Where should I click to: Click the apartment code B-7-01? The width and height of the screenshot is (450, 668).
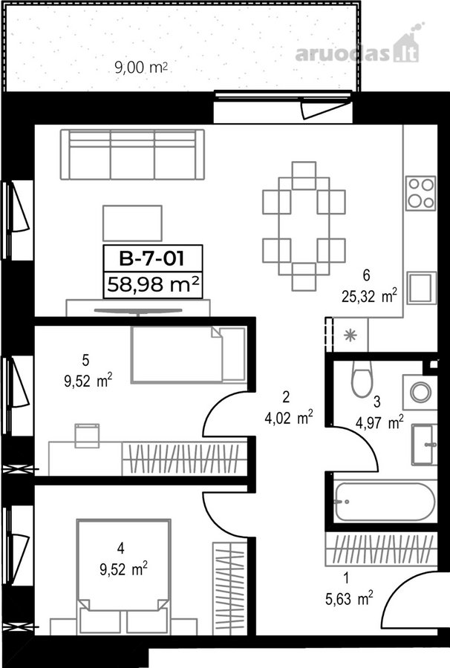tap(152, 258)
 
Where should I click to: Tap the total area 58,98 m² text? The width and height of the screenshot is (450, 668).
tap(153, 284)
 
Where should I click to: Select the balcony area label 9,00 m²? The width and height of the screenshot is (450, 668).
tap(140, 68)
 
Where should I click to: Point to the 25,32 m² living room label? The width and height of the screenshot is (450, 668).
tap(370, 295)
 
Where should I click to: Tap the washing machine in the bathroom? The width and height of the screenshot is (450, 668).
tap(420, 392)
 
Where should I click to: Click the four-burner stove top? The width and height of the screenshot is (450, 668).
tap(420, 194)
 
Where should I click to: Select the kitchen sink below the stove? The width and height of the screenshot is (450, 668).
tap(422, 288)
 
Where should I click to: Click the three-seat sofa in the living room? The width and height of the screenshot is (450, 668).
tap(132, 154)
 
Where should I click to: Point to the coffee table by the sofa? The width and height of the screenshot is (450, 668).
tap(132, 223)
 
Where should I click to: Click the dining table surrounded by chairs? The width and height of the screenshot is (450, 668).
tap(304, 226)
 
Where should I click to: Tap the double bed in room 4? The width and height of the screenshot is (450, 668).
tap(123, 566)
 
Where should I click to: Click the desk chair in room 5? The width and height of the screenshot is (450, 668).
tap(87, 436)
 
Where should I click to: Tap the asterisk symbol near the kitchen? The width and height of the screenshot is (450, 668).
tap(350, 335)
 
